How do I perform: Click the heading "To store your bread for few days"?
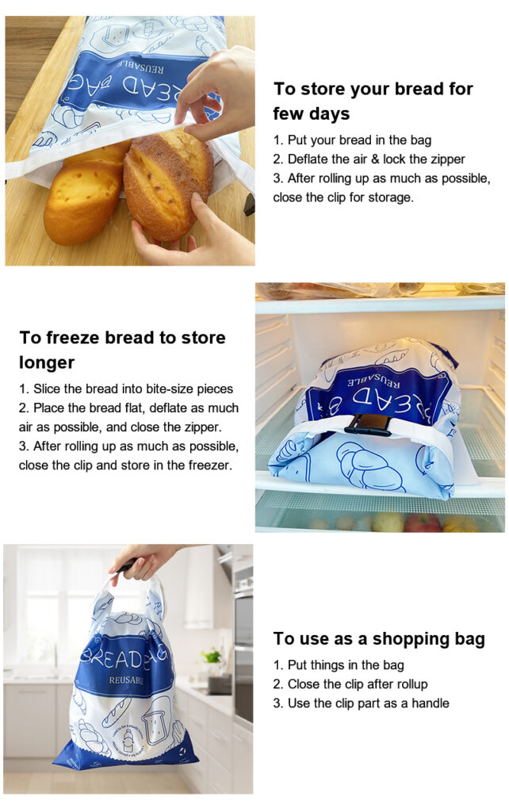(x=373, y=101)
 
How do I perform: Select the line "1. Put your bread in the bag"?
(x=352, y=140)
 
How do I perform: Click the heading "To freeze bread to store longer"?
(x=122, y=350)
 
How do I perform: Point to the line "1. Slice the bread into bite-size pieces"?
(x=126, y=389)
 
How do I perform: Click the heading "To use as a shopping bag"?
(x=379, y=639)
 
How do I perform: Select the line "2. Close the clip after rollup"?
(x=350, y=684)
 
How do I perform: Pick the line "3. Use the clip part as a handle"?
(x=361, y=703)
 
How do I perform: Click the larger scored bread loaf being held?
(x=166, y=184)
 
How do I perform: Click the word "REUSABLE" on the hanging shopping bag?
(x=126, y=680)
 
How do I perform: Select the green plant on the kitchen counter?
(x=212, y=656)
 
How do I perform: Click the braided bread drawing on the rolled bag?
(x=371, y=466)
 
